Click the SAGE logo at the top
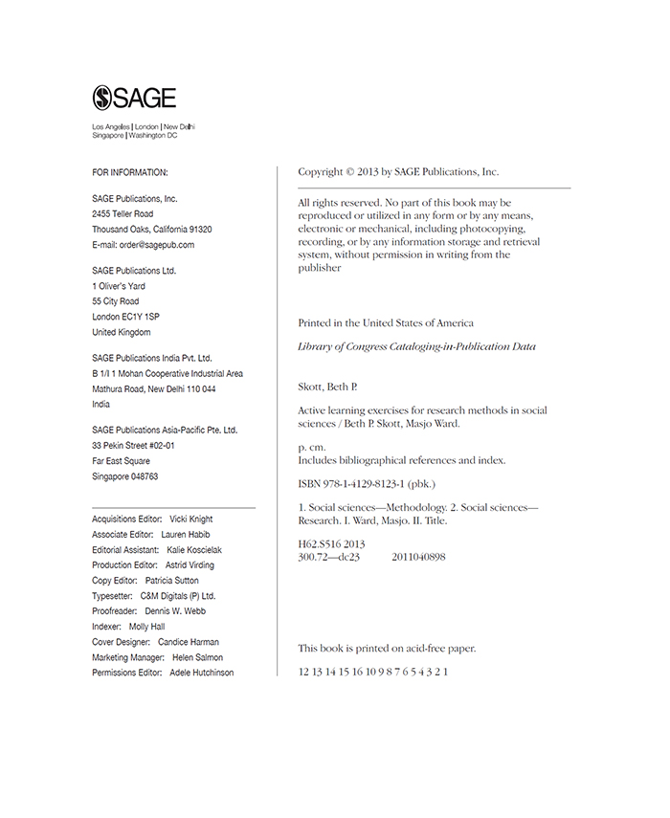[134, 98]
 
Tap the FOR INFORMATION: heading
[130, 172]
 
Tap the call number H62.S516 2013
[332, 544]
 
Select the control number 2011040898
[418, 557]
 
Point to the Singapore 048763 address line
[125, 476]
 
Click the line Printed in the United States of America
[386, 323]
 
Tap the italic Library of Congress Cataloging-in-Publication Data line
[417, 346]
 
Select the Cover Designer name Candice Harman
[189, 642]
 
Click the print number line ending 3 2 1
[373, 672]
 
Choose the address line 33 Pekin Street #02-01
[133, 446]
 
